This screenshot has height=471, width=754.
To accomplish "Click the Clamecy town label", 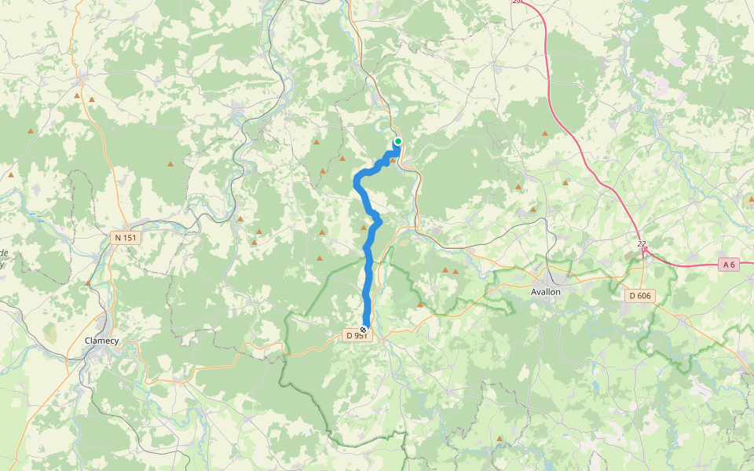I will tap(101, 340).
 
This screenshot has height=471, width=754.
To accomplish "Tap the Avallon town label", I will tap(546, 291).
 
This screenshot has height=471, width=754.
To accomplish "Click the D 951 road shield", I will tap(357, 336).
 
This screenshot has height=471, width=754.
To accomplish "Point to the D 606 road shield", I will tap(640, 296).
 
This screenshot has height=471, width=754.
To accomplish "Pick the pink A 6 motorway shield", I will tap(730, 265).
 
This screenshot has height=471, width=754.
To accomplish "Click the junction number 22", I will tap(642, 245).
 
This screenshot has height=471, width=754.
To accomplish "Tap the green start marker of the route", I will tap(398, 141).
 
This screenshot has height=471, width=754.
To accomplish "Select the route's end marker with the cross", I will tap(364, 330).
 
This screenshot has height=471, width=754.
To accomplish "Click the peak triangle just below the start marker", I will tap(393, 160).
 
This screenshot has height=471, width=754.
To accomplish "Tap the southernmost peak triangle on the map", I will tap(500, 438).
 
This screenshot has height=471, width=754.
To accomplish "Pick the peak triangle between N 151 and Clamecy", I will tap(88, 283).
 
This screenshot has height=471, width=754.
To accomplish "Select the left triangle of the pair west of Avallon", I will tap(445, 270).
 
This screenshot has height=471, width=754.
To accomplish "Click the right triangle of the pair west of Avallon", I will tap(456, 271).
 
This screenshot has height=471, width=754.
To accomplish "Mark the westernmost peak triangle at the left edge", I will tap(11, 174).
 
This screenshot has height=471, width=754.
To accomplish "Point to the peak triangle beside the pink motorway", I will tap(565, 182).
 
